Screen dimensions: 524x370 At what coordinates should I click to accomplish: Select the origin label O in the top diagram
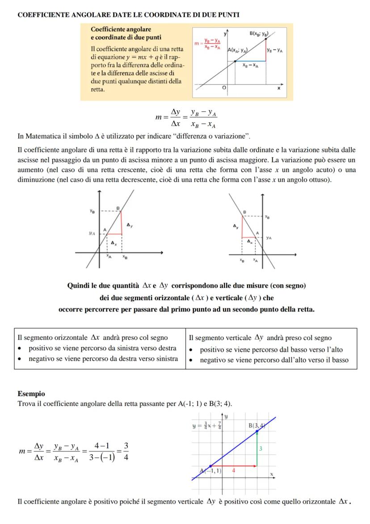[x=224, y=89]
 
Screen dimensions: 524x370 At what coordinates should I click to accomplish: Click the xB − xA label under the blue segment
[x=250, y=65]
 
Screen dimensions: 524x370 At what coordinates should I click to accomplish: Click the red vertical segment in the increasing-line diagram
[x=122, y=222]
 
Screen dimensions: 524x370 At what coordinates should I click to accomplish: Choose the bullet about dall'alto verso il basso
[x=274, y=359]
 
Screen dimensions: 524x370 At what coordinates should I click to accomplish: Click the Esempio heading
[x=31, y=394]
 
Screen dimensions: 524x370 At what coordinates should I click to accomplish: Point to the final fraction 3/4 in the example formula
[x=126, y=452]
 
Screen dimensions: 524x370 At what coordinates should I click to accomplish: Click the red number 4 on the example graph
[x=233, y=470]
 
